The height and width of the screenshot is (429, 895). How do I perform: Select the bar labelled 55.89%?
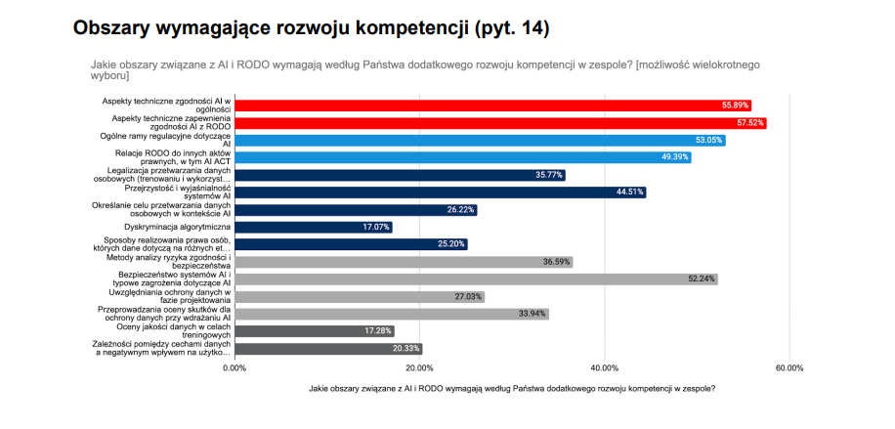coord(489,106)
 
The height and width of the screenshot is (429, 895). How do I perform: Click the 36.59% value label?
coord(557,262)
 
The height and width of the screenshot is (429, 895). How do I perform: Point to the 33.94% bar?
coord(391,314)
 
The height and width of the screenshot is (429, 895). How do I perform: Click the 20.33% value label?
coord(407,349)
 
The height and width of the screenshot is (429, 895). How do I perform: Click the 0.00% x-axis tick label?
coord(234,368)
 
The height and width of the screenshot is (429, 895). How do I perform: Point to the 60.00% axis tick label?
coord(788,368)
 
